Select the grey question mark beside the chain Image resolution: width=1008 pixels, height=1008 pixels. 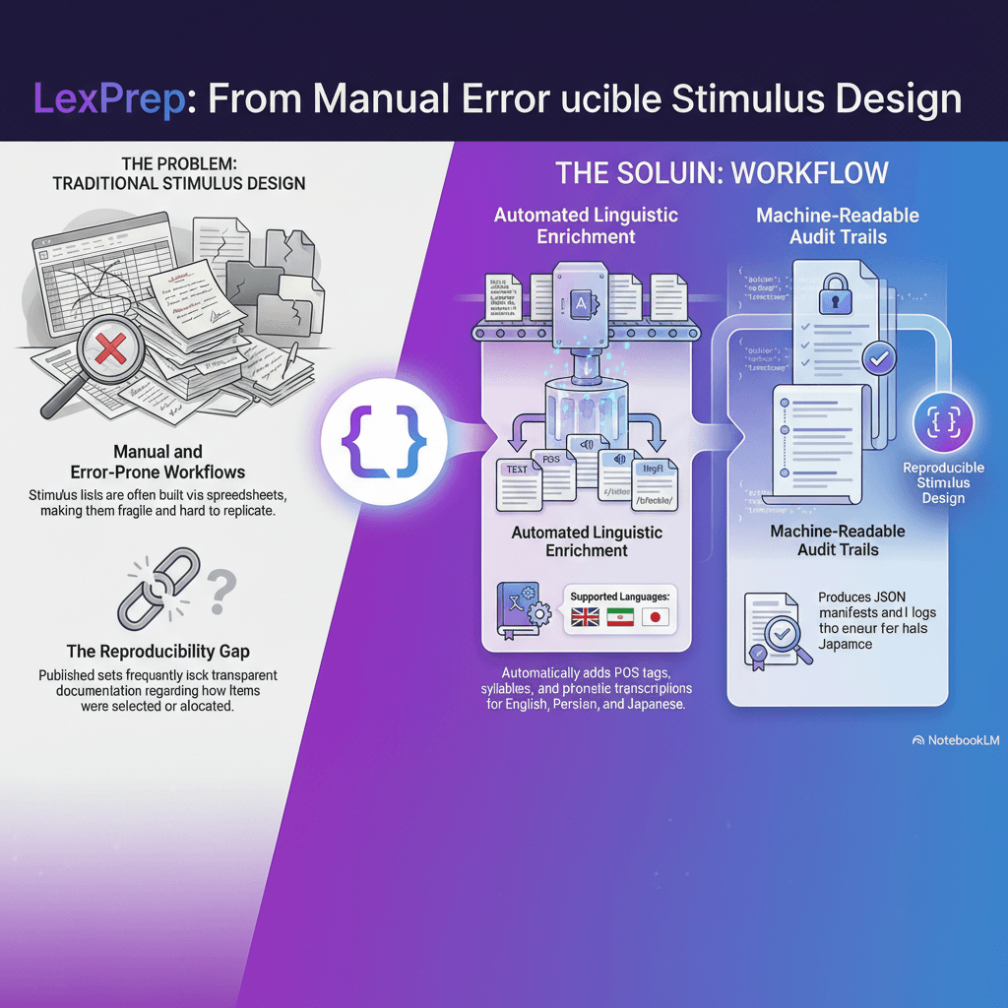click(x=222, y=589)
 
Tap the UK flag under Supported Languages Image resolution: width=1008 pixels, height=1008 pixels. click(x=585, y=617)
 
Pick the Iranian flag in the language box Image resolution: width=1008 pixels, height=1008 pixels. click(x=619, y=617)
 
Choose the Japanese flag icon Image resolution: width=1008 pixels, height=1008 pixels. click(x=654, y=617)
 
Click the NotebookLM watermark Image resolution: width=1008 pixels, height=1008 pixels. click(x=956, y=740)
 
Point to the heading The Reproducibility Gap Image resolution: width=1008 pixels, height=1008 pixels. click(x=157, y=651)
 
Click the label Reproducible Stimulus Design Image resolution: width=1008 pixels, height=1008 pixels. click(x=943, y=482)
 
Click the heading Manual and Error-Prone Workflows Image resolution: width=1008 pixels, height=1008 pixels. click(x=158, y=462)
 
